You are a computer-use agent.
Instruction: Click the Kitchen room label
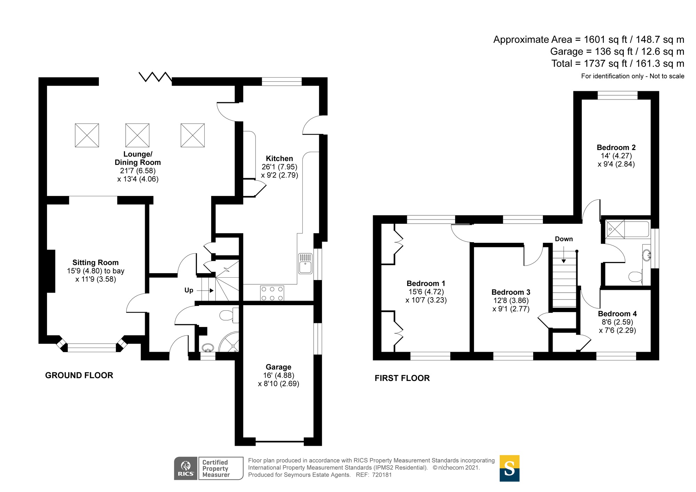[x=279, y=159]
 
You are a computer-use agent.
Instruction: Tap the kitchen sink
[x=306, y=264]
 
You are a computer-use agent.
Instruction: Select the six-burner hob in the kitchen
[x=272, y=293]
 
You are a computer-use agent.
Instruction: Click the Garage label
[x=278, y=367]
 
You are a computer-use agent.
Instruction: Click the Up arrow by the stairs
[x=205, y=291]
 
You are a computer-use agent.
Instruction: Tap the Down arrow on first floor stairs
[x=563, y=255]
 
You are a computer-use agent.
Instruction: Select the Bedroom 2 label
[x=616, y=148]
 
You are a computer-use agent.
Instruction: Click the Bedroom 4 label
[x=617, y=314]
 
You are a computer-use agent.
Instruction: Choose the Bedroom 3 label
[x=511, y=292]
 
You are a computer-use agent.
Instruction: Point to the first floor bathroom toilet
[x=635, y=277]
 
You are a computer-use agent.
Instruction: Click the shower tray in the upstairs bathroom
[x=615, y=229]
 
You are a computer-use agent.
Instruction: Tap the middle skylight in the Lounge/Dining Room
[x=137, y=135]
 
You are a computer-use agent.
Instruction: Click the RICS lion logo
[x=186, y=468]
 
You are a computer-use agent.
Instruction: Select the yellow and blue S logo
[x=509, y=468]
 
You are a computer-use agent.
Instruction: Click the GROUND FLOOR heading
[x=79, y=375]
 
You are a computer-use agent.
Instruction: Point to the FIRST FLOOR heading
[x=402, y=378]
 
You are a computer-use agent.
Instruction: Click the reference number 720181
[x=382, y=475]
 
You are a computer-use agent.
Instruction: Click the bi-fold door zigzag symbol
[x=155, y=77]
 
